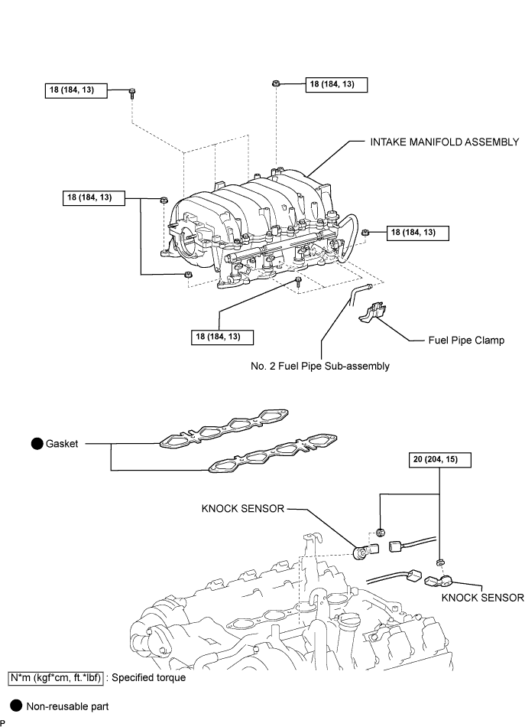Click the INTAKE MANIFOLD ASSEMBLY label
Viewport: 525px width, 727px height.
click(x=445, y=142)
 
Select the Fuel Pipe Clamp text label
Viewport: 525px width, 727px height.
click(x=466, y=341)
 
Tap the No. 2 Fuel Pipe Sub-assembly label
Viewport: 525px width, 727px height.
click(x=320, y=367)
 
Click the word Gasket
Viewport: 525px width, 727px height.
click(x=62, y=444)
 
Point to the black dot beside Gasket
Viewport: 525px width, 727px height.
click(x=37, y=444)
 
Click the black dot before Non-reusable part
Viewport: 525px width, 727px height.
click(x=16, y=706)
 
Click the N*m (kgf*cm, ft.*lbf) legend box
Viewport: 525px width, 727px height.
click(x=56, y=678)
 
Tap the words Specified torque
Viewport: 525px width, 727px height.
click(x=148, y=678)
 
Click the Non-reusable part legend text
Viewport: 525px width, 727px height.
click(x=67, y=706)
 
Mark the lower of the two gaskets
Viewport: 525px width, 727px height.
click(x=273, y=454)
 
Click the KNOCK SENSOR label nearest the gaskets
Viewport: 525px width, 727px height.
click(x=242, y=509)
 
